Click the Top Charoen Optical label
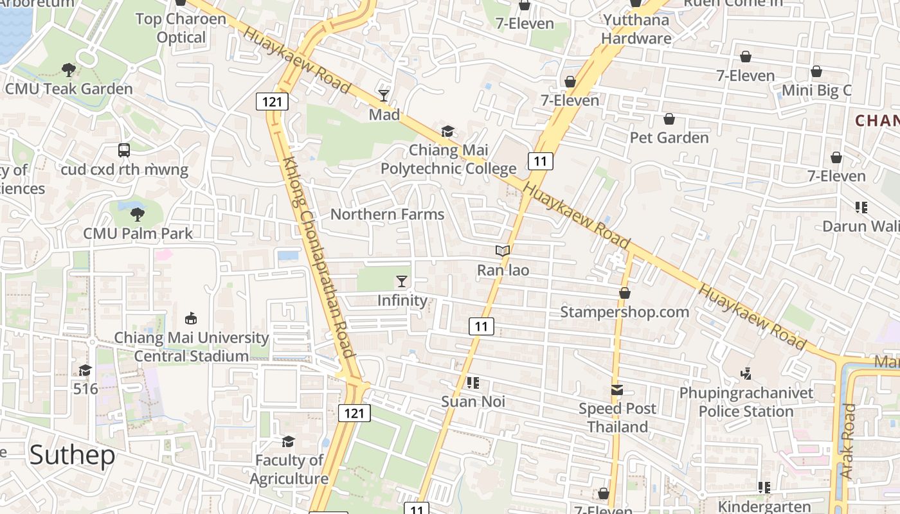tap(181, 28)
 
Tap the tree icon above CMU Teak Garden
tap(69, 69)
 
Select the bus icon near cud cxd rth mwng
tap(124, 150)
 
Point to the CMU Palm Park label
tap(138, 233)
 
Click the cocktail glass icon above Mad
tap(384, 96)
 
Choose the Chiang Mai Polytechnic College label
tap(449, 159)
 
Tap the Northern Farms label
tap(387, 215)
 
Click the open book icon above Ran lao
tap(503, 251)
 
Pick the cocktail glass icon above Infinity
tap(402, 281)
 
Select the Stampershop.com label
tap(624, 312)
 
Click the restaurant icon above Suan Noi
tap(473, 383)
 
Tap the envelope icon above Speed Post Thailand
tap(617, 390)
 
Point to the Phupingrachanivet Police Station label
tap(746, 402)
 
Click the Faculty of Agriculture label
tap(289, 470)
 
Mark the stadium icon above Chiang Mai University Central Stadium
tap(191, 318)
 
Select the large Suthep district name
tap(72, 455)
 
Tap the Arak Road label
tap(848, 441)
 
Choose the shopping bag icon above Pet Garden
tap(669, 119)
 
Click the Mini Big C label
tap(816, 91)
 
